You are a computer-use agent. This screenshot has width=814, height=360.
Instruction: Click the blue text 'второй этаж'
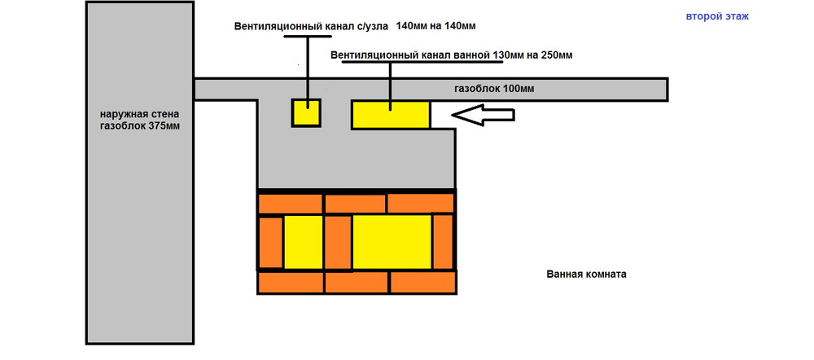pos(717,16)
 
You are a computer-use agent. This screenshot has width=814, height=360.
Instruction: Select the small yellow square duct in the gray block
pos(306,112)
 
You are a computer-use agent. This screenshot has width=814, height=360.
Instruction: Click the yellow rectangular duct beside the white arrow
pos(391,114)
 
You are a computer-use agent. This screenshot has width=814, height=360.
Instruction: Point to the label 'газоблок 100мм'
pos(494,90)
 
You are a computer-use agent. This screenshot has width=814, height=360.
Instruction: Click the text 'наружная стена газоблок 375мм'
pos(140,120)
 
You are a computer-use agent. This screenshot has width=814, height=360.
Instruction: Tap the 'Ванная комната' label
pos(586,274)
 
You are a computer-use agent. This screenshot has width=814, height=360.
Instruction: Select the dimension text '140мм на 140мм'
pos(435,25)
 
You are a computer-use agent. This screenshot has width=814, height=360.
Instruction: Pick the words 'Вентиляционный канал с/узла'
pos(311,26)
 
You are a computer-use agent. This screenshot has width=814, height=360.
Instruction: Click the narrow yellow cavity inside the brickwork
pos(304,242)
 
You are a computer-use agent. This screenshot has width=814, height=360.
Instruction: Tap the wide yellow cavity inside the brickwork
pos(392,242)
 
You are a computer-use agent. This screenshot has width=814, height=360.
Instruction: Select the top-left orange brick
pos(291,203)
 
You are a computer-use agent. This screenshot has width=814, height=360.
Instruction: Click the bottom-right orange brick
pos(423,283)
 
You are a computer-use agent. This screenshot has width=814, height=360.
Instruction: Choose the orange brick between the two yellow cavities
pos(338,242)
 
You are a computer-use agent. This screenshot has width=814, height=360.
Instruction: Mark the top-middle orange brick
pos(355,203)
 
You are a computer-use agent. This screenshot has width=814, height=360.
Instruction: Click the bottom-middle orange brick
pos(357,283)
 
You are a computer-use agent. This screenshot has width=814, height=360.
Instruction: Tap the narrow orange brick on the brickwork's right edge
pos(444,242)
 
